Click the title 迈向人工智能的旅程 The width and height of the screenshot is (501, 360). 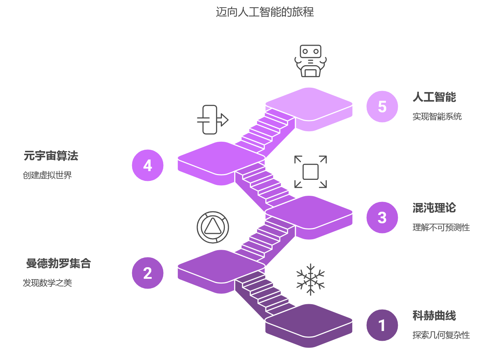(265, 12)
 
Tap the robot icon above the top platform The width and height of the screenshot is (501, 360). (310, 61)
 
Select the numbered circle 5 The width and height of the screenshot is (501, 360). (382, 107)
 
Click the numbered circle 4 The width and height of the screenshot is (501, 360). (148, 165)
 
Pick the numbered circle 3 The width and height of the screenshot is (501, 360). (382, 218)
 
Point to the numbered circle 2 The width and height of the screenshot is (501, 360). (148, 273)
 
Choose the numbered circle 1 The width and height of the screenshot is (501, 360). (382, 325)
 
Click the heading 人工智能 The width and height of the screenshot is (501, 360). (434, 97)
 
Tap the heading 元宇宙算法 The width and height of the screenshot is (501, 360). (51, 156)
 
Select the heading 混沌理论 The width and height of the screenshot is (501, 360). (434, 208)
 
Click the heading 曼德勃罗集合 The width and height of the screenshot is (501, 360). (58, 264)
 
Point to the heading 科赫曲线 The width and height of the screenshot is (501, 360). (434, 316)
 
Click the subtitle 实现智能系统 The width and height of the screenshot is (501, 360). (437, 117)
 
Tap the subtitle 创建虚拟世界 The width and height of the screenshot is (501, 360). (47, 175)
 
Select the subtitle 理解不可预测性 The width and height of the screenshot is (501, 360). (441, 228)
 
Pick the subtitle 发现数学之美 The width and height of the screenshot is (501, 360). (47, 283)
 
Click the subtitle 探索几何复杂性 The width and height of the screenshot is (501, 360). (441, 335)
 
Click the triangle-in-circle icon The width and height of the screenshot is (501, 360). (213, 227)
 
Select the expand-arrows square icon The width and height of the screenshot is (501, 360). (310, 172)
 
